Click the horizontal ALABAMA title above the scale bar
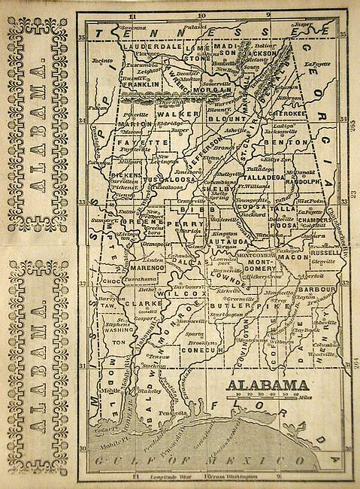click(268, 384)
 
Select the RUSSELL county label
click(324, 253)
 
